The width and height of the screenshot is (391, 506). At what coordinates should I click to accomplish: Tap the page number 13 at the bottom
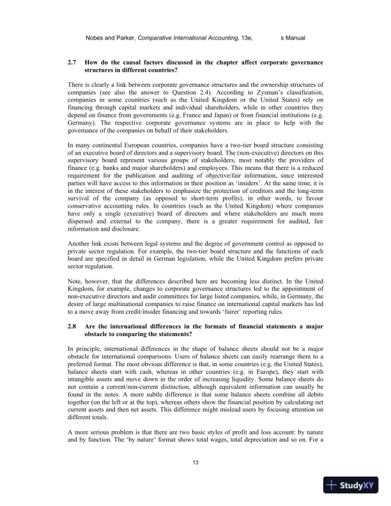click(x=195, y=463)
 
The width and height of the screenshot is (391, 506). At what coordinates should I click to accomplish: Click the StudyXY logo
click(x=351, y=486)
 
